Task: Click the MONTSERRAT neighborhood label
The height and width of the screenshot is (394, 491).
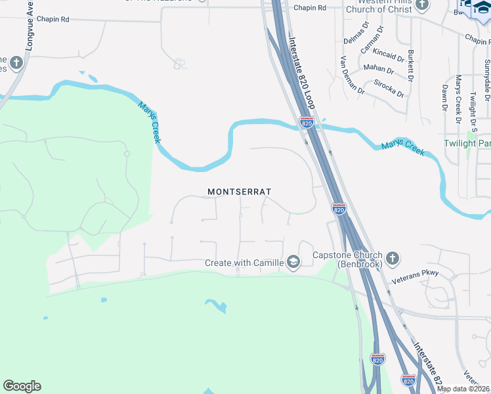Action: [239, 192]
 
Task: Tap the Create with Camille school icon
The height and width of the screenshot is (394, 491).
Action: [293, 263]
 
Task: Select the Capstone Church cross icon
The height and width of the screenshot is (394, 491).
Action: [393, 257]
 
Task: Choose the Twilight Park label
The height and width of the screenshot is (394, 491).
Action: [467, 143]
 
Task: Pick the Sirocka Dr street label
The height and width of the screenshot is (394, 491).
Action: [389, 88]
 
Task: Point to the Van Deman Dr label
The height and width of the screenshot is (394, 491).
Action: [351, 76]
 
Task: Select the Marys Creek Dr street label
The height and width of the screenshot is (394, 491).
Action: [458, 98]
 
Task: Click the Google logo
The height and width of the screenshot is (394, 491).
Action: [22, 386]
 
